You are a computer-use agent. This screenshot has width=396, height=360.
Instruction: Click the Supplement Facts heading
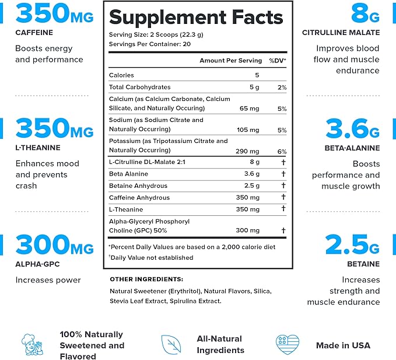(195, 17)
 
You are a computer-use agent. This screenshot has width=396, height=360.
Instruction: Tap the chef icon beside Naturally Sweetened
(29, 344)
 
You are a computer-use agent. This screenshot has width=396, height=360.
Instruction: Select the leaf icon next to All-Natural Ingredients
(170, 344)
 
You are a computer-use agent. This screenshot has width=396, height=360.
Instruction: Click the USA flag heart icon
(287, 345)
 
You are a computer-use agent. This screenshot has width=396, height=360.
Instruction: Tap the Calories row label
(121, 75)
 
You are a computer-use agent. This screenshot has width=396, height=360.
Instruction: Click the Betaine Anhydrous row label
(138, 186)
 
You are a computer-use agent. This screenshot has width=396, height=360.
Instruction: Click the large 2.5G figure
(352, 245)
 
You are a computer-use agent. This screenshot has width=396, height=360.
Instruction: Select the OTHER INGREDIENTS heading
(146, 279)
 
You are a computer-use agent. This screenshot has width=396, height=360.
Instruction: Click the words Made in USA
(343, 345)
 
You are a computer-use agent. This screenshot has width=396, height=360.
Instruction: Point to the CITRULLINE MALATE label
(348, 33)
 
